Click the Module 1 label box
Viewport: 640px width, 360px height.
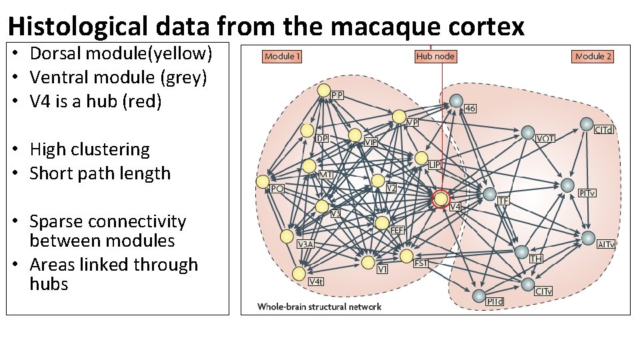283,57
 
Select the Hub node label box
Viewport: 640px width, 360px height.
435,57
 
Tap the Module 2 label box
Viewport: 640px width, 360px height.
593,57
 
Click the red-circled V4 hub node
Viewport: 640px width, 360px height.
441,199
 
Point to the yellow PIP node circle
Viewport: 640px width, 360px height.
324,90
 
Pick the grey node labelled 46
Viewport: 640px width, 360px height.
456,101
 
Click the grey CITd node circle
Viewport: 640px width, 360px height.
586,124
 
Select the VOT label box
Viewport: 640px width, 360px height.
545,138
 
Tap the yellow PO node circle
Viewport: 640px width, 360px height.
263,181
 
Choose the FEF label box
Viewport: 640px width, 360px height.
397,231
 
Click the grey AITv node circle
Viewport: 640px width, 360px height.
588,238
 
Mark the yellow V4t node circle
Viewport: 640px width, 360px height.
299,273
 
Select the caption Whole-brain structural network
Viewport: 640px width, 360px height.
319,307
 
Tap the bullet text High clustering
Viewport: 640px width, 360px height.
90,149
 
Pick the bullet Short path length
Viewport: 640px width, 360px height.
100,173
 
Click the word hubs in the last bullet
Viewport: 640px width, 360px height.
49,284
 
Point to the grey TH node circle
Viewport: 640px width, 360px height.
522,251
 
